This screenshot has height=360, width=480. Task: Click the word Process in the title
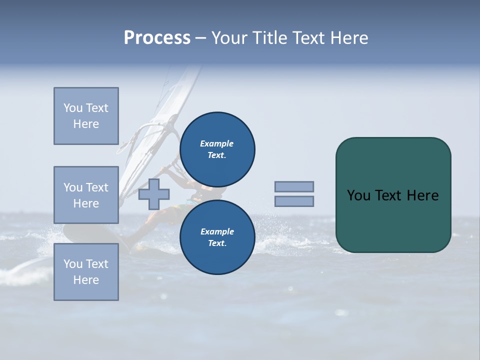[157, 38]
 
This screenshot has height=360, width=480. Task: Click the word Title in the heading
[269, 38]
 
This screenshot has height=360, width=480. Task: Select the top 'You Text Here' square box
[86, 116]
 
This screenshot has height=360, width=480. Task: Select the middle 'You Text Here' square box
[86, 195]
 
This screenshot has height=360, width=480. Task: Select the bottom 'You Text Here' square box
[86, 272]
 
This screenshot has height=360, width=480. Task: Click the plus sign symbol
[154, 194]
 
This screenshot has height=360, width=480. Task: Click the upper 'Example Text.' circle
[217, 149]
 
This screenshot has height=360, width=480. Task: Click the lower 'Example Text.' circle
[217, 237]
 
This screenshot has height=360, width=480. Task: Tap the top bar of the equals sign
[294, 186]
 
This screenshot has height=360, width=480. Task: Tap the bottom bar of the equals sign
[294, 201]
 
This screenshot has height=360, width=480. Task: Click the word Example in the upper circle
[217, 144]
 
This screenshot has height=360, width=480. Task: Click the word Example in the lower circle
[217, 232]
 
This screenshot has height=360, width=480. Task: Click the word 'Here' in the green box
[422, 195]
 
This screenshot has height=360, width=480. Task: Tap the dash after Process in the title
[200, 38]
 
